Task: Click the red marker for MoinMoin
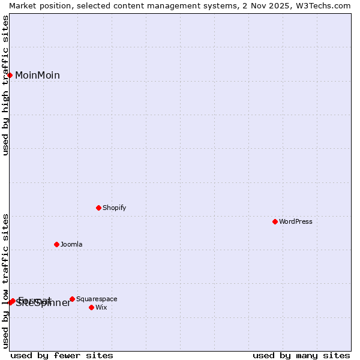coord(10,75)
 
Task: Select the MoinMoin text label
coord(37,76)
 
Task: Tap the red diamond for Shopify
coord(98,208)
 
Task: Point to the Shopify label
coord(114,208)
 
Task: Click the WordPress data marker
coord(275,221)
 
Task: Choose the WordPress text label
coord(295,222)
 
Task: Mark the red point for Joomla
coord(56,244)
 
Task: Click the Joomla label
coord(71,245)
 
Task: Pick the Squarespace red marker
coord(72,299)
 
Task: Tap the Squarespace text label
coord(97,299)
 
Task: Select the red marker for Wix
coord(91,307)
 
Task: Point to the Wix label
coord(101,308)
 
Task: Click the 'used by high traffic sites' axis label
coord(6,85)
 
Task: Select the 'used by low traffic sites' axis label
coord(6,281)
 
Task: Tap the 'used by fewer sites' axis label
coord(62,356)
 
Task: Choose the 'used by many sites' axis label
coord(301,356)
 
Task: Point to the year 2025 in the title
coord(275,5)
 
